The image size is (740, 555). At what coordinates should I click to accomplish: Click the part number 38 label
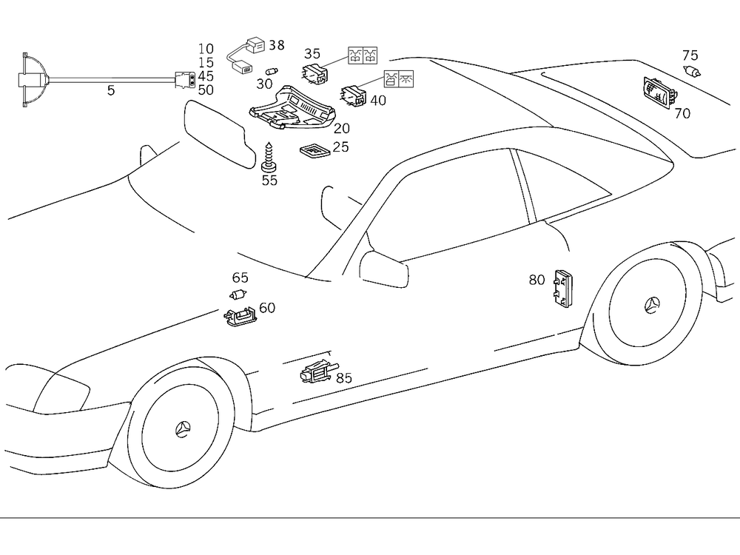(x=276, y=45)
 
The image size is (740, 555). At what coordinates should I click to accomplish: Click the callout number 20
(x=342, y=129)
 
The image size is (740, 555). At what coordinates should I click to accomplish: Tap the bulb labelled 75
(x=693, y=71)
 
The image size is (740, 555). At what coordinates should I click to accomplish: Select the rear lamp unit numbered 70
(x=658, y=92)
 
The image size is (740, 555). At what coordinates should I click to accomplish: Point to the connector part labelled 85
(x=316, y=373)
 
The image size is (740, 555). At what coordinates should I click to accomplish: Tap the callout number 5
(x=111, y=91)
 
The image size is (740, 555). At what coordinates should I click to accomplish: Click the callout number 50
(x=206, y=90)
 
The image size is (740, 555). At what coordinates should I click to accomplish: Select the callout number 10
(x=206, y=50)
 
